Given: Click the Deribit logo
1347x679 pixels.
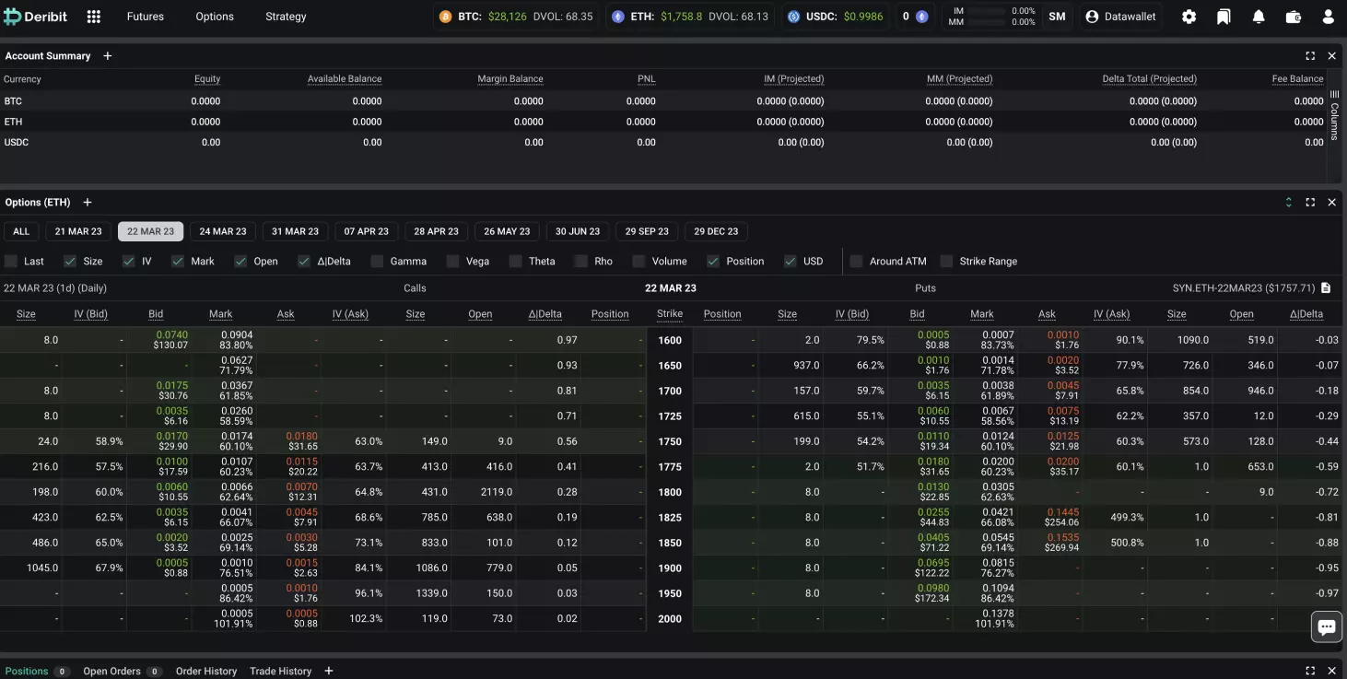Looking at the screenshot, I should tap(36, 17).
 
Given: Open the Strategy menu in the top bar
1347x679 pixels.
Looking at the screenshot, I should tap(286, 17).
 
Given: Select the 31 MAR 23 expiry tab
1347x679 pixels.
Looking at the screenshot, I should tap(295, 231).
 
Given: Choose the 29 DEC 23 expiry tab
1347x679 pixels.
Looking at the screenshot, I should tap(716, 231).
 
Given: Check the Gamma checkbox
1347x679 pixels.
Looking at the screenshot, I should tap(377, 262).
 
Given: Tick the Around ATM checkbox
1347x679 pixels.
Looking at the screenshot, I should tap(857, 262).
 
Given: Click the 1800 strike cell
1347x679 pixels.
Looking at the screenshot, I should tap(670, 492).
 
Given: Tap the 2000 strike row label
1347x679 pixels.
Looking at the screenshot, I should tap(670, 618).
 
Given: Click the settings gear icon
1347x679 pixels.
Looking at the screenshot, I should tap(1189, 17).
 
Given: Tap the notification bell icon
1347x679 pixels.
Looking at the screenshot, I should tap(1259, 17).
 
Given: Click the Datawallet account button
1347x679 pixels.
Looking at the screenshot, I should tap(1120, 17).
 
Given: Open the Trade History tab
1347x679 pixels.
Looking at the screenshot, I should tap(280, 671).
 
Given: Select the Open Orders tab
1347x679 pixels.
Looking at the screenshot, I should tap(111, 671).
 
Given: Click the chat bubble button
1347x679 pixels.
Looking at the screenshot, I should tap(1327, 627).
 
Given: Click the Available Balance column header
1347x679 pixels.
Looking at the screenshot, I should tap(345, 79).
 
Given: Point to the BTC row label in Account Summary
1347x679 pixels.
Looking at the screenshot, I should tap(13, 101).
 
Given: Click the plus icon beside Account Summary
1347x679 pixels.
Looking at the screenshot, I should tap(107, 56).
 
